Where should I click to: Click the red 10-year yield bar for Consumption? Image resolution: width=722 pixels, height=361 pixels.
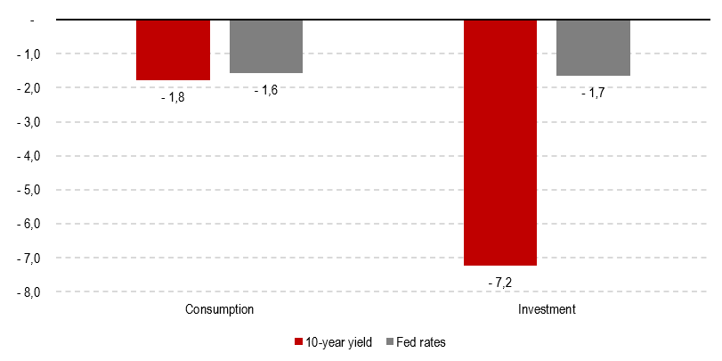point(173,50)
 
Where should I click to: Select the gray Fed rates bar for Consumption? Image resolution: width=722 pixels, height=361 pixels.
point(266,46)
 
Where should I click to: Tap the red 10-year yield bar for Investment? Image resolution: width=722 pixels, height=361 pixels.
point(500,143)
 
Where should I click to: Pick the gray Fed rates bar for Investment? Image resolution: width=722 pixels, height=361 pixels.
point(593,48)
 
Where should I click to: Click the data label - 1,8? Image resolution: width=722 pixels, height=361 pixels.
point(173,96)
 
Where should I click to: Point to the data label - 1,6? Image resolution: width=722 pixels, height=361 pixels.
point(266,89)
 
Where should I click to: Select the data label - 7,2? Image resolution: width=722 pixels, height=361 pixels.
point(500,281)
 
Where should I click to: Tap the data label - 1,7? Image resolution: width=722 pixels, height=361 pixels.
point(593,92)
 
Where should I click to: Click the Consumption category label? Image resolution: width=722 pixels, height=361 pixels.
point(220,309)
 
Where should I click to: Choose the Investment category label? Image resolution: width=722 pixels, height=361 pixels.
point(547,309)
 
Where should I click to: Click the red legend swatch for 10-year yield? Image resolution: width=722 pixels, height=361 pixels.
point(298,342)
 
